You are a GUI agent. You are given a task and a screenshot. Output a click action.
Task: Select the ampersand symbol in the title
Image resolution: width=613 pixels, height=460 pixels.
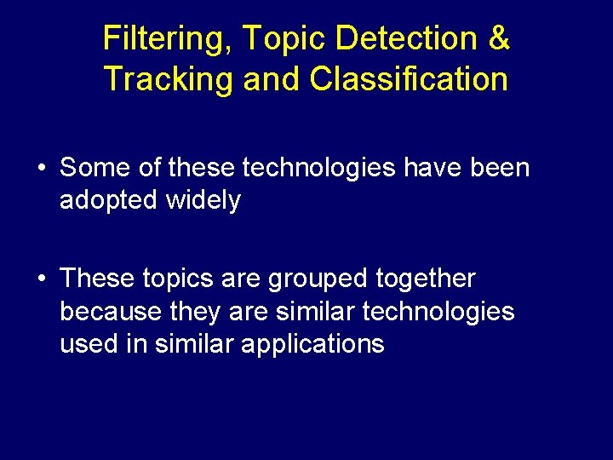[500, 38]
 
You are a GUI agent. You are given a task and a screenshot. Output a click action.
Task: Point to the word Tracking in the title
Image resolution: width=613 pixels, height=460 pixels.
[169, 79]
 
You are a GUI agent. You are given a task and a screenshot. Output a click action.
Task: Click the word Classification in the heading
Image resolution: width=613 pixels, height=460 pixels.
[409, 79]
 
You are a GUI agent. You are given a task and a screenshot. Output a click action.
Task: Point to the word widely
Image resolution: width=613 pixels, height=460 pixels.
[203, 201]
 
